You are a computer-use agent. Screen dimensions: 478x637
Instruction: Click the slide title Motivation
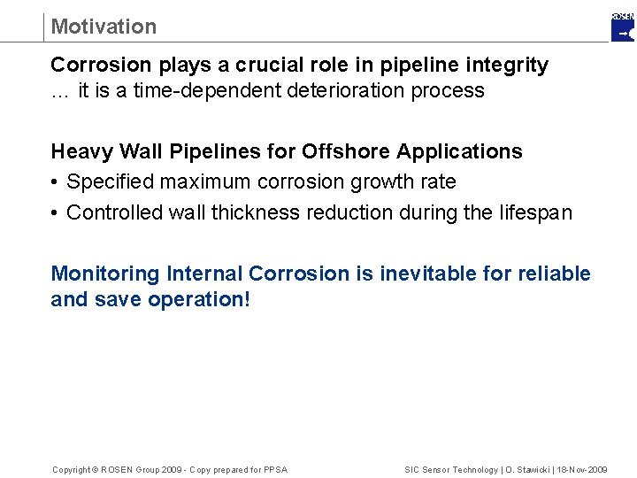point(104,27)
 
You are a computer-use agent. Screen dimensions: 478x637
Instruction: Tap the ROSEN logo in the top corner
point(623,27)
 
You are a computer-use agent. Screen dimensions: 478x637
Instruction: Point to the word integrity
point(507,66)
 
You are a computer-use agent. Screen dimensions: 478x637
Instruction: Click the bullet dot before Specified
point(55,183)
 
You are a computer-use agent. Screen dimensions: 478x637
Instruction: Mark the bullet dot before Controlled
point(55,213)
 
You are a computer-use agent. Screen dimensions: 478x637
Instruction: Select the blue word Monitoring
point(105,274)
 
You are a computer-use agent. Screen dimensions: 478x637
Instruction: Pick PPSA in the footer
point(275,469)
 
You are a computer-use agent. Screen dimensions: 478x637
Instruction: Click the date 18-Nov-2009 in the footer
point(581,469)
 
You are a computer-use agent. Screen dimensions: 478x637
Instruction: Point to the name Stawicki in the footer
point(533,469)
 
